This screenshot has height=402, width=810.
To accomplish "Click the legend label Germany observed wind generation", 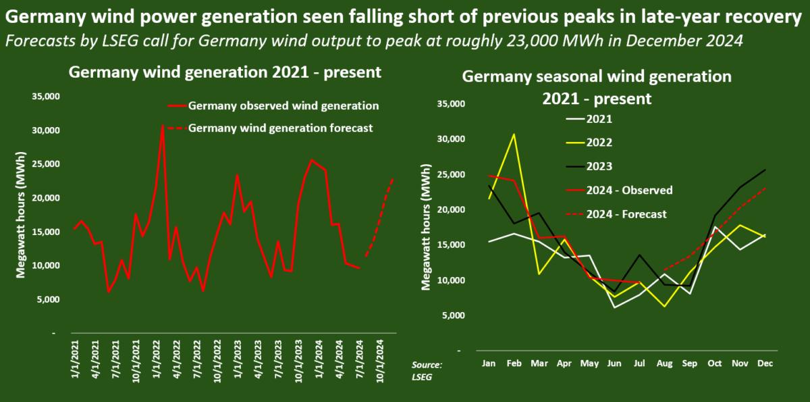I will (283, 105).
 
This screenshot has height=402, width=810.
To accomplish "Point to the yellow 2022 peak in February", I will (514, 134).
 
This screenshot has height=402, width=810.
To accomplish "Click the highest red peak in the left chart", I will (163, 125).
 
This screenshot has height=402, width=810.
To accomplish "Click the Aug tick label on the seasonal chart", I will (665, 363).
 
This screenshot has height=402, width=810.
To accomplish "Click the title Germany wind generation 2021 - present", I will (225, 72).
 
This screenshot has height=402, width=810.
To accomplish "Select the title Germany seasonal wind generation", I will (597, 76).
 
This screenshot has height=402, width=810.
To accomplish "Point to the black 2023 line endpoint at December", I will (765, 170).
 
